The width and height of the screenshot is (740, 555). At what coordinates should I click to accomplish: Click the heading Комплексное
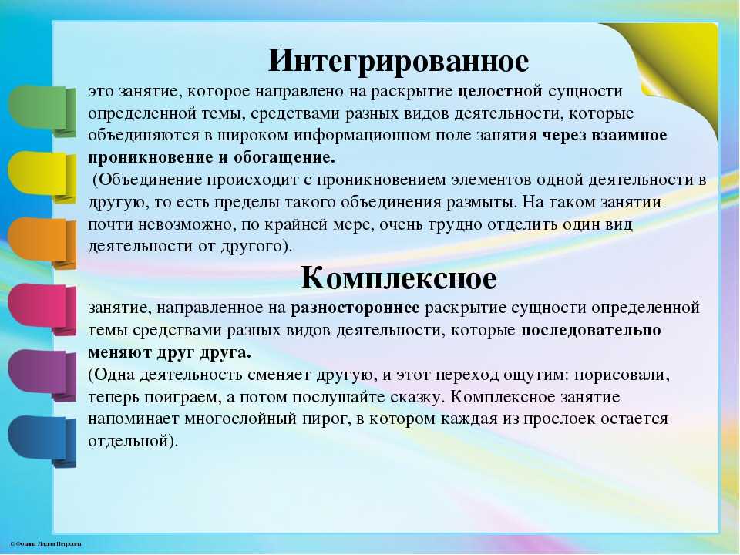(399, 277)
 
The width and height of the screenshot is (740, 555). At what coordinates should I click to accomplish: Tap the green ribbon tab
(42, 110)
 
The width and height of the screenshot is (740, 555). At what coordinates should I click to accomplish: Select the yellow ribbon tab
(42, 177)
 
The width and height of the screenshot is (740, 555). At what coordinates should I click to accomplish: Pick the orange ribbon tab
(42, 243)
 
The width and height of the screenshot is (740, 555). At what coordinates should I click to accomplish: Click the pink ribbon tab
(42, 308)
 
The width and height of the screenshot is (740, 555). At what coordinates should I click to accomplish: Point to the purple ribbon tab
(42, 375)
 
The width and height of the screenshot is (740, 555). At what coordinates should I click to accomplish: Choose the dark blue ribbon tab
(42, 441)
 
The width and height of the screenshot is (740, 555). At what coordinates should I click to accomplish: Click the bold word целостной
(500, 91)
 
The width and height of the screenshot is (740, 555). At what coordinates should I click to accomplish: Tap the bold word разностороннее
(355, 308)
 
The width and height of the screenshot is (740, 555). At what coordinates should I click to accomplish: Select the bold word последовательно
(591, 331)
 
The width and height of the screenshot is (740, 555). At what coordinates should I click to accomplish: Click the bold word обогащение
(284, 157)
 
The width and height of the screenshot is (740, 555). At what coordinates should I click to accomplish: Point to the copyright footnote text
(45, 544)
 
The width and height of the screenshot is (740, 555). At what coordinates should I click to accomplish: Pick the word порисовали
(622, 375)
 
